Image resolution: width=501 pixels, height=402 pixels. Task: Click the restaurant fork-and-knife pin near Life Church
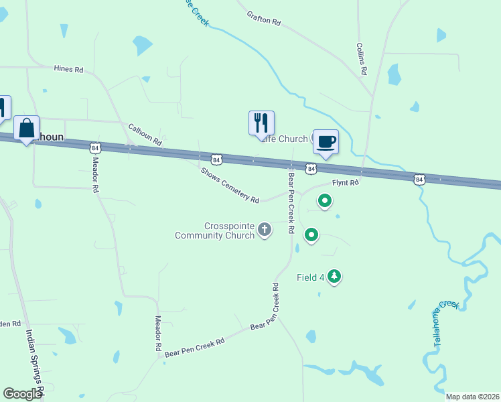point(259,123)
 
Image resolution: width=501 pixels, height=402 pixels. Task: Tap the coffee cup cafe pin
point(326,142)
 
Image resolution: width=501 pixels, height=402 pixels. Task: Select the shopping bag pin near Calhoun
point(27,128)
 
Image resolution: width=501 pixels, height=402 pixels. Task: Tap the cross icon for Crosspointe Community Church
point(265,230)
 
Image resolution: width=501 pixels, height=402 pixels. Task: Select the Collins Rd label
point(362,59)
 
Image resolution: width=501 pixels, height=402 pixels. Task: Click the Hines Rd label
point(68,69)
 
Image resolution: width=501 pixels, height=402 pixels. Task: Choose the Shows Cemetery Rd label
point(230,184)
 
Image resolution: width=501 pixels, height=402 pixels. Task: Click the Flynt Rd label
point(346,182)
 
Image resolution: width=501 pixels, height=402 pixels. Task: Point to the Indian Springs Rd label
point(34,362)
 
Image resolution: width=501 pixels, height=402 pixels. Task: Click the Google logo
point(22,394)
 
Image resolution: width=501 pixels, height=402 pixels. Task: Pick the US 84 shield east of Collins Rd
point(419,180)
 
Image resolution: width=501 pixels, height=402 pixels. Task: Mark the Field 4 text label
point(311,277)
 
